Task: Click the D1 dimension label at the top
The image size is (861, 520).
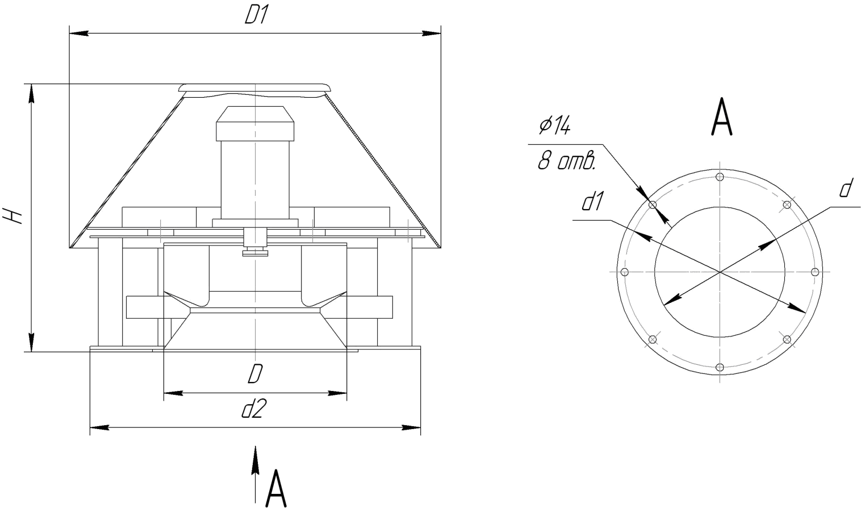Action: (x=256, y=15)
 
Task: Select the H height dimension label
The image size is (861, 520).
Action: (x=12, y=216)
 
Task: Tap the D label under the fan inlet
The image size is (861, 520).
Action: (x=255, y=373)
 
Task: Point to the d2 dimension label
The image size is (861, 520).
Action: (x=254, y=409)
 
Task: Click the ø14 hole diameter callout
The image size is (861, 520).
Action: (x=555, y=126)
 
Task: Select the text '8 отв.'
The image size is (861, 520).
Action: (x=566, y=160)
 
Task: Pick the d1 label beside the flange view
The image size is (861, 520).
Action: (x=593, y=202)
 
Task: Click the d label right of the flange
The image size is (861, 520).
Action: (x=846, y=189)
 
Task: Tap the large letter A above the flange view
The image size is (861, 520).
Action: (x=722, y=117)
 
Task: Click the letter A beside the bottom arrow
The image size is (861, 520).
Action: (x=276, y=489)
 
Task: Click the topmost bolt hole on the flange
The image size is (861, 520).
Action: (x=720, y=177)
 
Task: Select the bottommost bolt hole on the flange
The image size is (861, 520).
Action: (x=720, y=367)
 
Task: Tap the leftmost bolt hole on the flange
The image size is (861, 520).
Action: (x=625, y=272)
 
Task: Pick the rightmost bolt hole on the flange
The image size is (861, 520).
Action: (x=815, y=272)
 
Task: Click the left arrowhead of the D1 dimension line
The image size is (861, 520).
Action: (x=79, y=34)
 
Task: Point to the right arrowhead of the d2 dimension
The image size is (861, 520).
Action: (x=411, y=427)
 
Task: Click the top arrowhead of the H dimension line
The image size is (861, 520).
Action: (x=31, y=93)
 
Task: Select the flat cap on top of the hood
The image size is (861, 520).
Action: (x=254, y=88)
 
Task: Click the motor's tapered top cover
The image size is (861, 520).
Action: (x=255, y=115)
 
